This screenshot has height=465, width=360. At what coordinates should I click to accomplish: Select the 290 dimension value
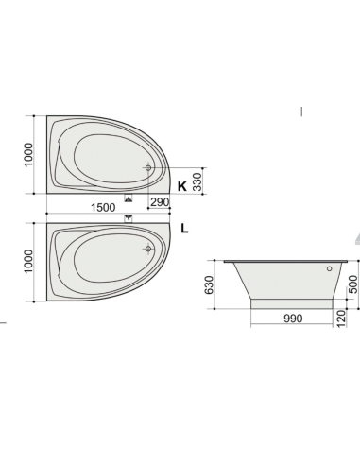(159, 203)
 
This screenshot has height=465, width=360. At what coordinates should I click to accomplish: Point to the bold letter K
(181, 186)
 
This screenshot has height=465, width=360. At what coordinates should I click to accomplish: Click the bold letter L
(184, 228)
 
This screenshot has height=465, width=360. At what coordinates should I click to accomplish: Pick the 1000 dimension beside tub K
(28, 153)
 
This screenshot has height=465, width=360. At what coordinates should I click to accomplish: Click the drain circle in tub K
(147, 168)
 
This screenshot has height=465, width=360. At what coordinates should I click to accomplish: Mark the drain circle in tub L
(148, 250)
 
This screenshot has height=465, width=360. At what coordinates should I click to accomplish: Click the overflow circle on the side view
(329, 268)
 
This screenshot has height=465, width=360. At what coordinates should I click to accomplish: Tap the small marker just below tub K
(129, 197)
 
